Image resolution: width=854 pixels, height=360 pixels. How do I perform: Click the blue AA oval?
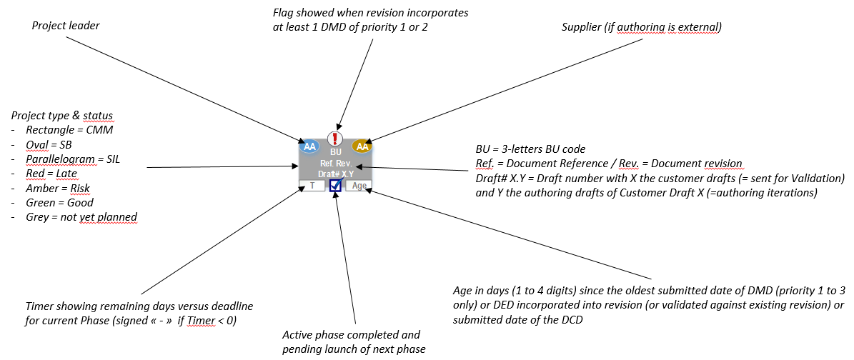[309, 146]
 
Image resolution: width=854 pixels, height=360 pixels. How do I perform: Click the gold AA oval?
[362, 146]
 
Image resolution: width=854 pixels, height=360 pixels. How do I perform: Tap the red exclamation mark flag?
[335, 139]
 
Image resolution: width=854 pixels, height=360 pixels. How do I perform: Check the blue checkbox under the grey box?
[335, 186]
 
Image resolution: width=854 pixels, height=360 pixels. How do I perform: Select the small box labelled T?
[312, 186]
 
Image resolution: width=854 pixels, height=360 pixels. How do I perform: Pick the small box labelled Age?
[359, 186]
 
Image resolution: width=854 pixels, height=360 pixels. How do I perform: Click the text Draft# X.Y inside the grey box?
[336, 174]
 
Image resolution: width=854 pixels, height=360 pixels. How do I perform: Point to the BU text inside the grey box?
[336, 151]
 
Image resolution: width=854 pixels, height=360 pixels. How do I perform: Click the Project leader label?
[66, 26]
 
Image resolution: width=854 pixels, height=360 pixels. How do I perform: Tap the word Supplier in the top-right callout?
[582, 27]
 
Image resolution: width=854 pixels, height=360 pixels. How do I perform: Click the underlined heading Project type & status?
[62, 116]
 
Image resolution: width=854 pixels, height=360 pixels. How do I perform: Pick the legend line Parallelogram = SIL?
[71, 159]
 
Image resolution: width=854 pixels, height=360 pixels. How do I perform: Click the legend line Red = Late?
[51, 173]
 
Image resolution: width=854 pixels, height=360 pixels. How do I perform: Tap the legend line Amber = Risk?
[57, 188]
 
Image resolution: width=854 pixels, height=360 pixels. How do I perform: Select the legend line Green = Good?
[59, 202]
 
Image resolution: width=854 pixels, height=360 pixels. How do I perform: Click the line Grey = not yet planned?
[81, 217]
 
